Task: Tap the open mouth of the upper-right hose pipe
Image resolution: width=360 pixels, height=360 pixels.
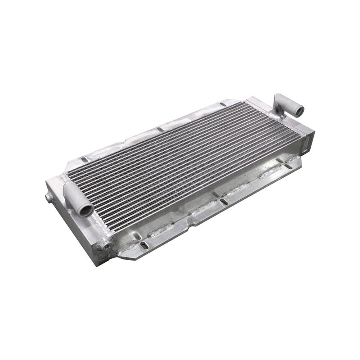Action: pyautogui.click(x=298, y=110)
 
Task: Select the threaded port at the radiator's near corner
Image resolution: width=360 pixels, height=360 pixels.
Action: pyautogui.click(x=107, y=245)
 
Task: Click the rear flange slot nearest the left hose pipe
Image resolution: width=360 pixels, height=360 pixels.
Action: pyautogui.click(x=85, y=159)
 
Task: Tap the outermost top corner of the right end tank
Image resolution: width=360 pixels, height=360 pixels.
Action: pyautogui.click(x=314, y=131)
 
